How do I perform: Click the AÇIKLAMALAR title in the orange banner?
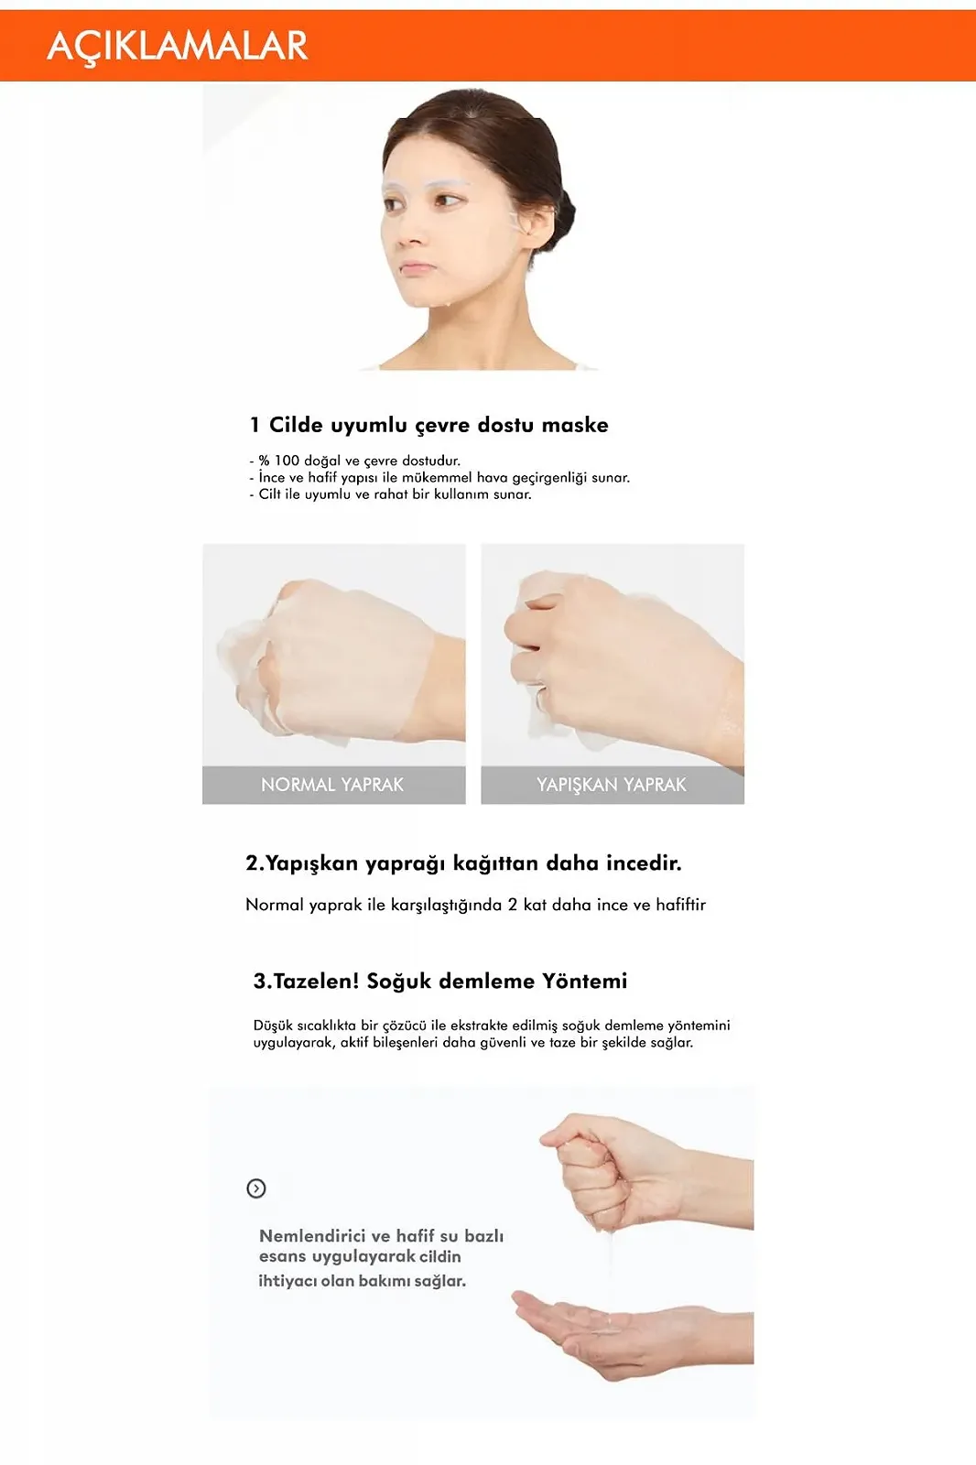[x=177, y=46]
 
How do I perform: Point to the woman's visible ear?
[x=537, y=224]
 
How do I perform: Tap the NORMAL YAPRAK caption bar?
[x=333, y=785]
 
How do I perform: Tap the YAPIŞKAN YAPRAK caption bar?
[x=612, y=785]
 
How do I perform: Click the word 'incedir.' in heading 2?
[x=644, y=863]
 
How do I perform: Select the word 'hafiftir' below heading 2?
[x=680, y=905]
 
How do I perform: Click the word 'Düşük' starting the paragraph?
[x=273, y=1025]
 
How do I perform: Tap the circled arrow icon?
[x=256, y=1188]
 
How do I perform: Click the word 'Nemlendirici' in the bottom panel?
[x=312, y=1236]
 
